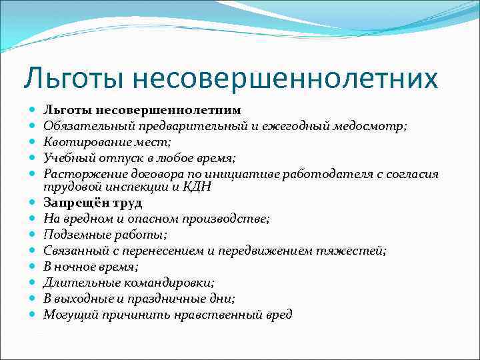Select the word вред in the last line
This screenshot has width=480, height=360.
coord(278,315)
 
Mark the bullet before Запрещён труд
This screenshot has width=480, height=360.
coord(33,203)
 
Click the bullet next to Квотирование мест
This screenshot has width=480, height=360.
coord(33,141)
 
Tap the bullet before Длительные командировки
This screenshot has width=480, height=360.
coord(33,283)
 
